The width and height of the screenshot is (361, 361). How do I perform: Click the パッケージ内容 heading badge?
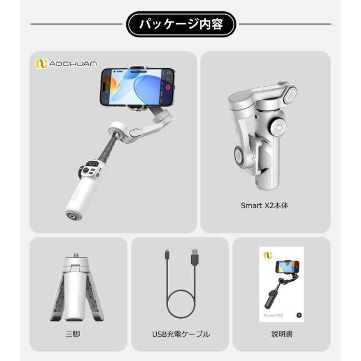pyautogui.click(x=180, y=24)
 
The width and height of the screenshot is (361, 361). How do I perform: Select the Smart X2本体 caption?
pyautogui.click(x=265, y=206)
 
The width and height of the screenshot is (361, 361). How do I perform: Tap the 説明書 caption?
pyautogui.click(x=281, y=334)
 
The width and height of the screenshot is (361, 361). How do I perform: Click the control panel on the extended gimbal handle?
pyautogui.click(x=91, y=169)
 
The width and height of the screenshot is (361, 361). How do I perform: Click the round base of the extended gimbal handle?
pyautogui.click(x=72, y=215)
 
